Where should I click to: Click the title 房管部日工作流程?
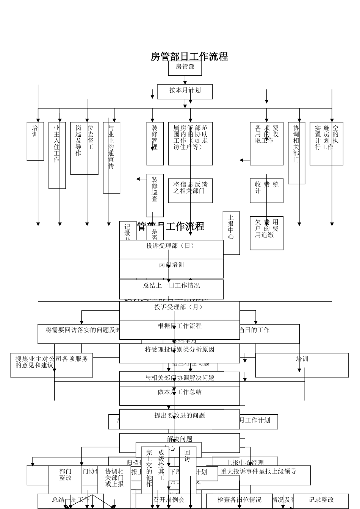189,56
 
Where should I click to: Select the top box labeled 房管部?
185,68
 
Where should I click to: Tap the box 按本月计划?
185,91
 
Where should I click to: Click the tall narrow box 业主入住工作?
57,155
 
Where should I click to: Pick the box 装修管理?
155,144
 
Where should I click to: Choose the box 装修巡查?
155,195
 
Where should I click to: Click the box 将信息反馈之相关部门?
191,190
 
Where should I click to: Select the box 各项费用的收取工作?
266,144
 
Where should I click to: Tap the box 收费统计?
266,190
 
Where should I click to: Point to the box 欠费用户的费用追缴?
266,233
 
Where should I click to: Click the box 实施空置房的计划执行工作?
326,144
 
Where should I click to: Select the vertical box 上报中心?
231,233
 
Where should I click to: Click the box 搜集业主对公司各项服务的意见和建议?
52,365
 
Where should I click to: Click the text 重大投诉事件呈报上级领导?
259,472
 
